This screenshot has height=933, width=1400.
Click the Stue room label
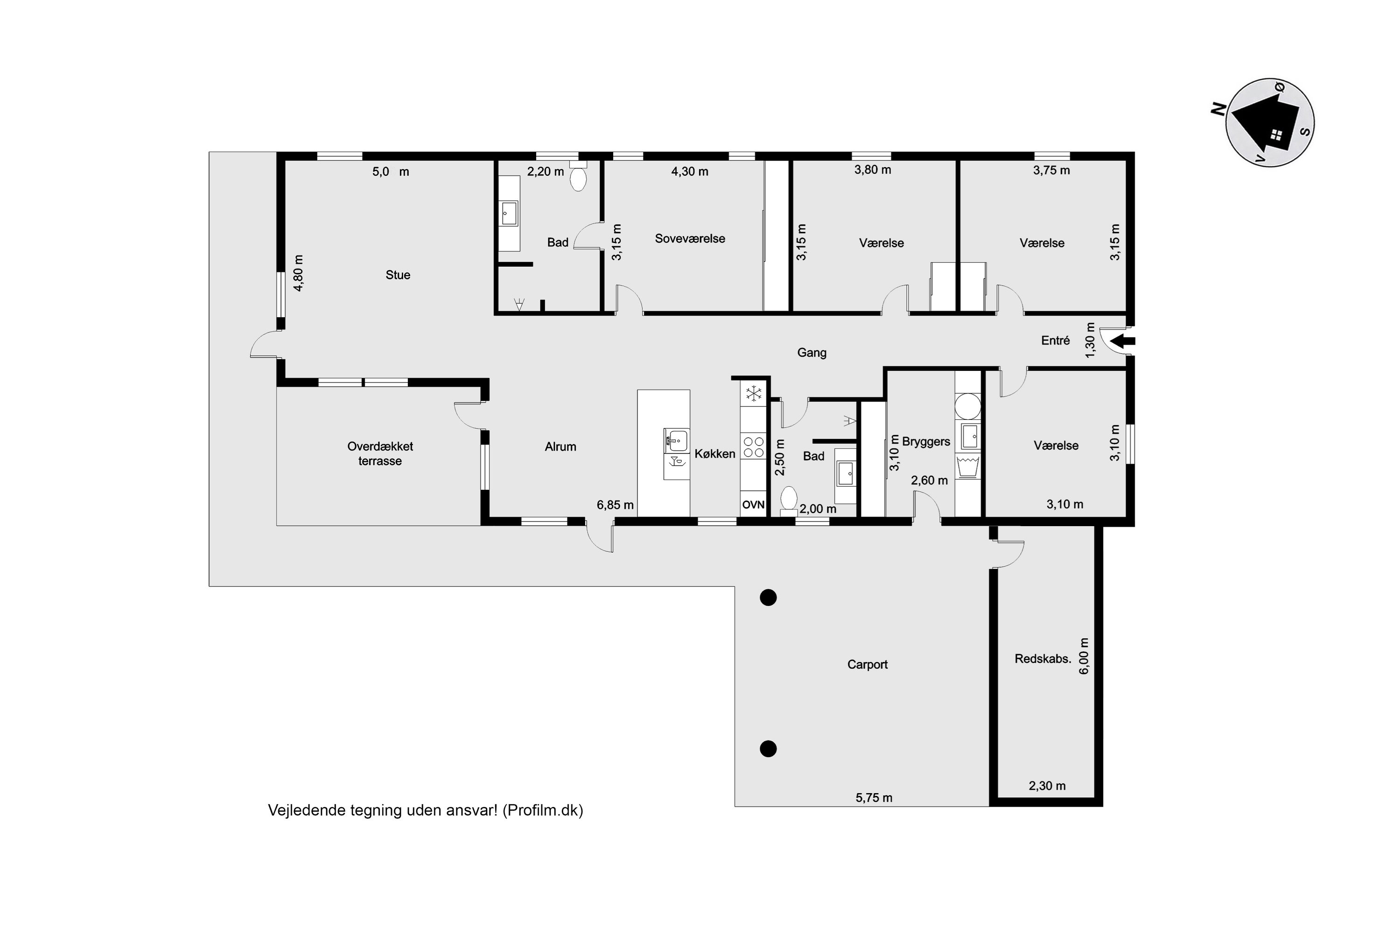[x=398, y=275]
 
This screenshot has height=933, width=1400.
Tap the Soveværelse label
[x=690, y=238]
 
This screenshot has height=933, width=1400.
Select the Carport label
[x=867, y=665]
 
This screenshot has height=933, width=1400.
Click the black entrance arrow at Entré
[x=1123, y=341]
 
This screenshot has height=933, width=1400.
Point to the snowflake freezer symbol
[x=754, y=393]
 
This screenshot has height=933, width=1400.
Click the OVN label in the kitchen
[x=753, y=505]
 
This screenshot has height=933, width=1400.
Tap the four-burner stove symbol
[x=754, y=447]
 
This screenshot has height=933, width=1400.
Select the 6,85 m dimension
[x=615, y=505]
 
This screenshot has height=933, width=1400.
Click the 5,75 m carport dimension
[x=874, y=798]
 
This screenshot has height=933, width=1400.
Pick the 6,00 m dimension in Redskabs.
[x=1084, y=656]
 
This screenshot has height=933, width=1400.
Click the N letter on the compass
[x=1218, y=109]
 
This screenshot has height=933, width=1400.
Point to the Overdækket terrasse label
[x=380, y=453]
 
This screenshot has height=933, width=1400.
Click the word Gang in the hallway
[x=812, y=353]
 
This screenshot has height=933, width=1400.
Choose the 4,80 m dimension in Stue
[x=299, y=273]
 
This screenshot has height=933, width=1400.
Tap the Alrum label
[x=560, y=447]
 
